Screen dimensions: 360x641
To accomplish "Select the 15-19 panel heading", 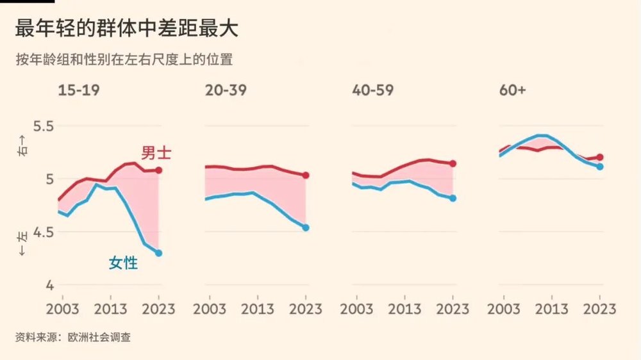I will click(x=79, y=90).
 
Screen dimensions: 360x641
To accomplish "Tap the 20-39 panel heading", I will click(x=226, y=90).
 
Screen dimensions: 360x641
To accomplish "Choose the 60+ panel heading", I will click(x=512, y=90).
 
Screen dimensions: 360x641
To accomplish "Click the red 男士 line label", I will click(x=156, y=153).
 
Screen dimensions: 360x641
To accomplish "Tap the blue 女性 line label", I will click(x=123, y=262).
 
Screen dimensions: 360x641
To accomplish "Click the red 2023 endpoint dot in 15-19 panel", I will click(x=159, y=170).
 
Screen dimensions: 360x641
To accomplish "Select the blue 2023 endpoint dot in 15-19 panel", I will click(x=159, y=253).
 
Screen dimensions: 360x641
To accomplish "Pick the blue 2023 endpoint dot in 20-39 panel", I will click(x=306, y=227).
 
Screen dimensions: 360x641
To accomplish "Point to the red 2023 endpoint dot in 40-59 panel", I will click(x=453, y=163).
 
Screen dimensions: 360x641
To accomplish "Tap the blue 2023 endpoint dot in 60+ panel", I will click(x=599, y=167).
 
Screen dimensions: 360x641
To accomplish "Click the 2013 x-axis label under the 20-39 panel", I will click(x=257, y=309).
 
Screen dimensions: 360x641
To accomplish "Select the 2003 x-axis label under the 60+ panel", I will click(x=504, y=309).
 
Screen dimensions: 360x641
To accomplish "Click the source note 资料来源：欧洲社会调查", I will click(x=73, y=336).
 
